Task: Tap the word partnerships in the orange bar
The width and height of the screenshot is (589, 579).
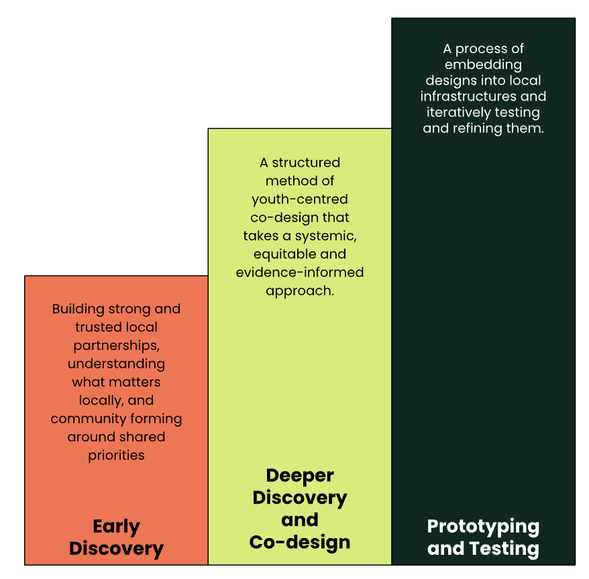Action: pos(115,346)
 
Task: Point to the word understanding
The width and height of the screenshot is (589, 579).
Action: pos(116,364)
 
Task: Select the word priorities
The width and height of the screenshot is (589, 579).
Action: pos(116,455)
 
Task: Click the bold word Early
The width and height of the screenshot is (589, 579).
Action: pos(116,527)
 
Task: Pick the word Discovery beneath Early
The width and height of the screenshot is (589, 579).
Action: pos(116,548)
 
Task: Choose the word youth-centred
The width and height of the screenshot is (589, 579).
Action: pos(300,199)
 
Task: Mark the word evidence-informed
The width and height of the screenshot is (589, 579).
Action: pos(300,273)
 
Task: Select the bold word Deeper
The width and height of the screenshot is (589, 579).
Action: pos(300,476)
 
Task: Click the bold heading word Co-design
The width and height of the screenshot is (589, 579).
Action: pos(300,542)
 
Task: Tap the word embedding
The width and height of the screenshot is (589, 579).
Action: pos(483,65)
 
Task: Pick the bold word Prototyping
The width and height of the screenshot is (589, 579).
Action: pos(483,526)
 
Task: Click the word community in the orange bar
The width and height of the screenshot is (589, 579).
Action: pos(85,419)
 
